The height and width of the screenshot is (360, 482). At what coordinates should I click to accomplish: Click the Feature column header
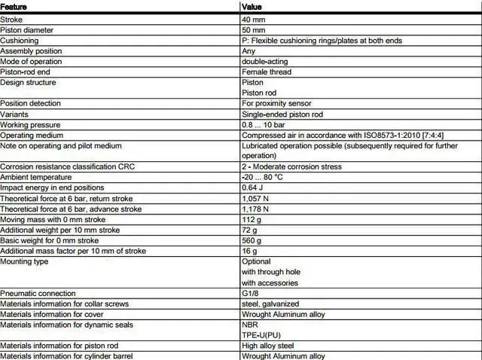coord(15,6)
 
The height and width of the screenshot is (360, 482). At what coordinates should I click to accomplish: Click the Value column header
coord(252,6)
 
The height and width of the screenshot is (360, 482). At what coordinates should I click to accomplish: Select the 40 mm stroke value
coord(254,19)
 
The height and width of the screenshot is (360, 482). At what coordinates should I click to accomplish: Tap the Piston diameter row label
coord(32,29)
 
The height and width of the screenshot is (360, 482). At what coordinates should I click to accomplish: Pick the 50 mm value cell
coord(254,29)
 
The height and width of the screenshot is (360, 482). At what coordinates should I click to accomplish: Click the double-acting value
coord(264,61)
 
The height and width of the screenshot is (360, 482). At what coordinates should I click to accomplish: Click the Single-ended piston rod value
coord(282,114)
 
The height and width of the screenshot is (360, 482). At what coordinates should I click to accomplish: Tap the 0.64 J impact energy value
coord(253,188)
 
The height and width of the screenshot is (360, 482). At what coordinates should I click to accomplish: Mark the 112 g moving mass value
coord(252,219)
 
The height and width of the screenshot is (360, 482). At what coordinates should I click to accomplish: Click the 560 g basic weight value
coord(252,240)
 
